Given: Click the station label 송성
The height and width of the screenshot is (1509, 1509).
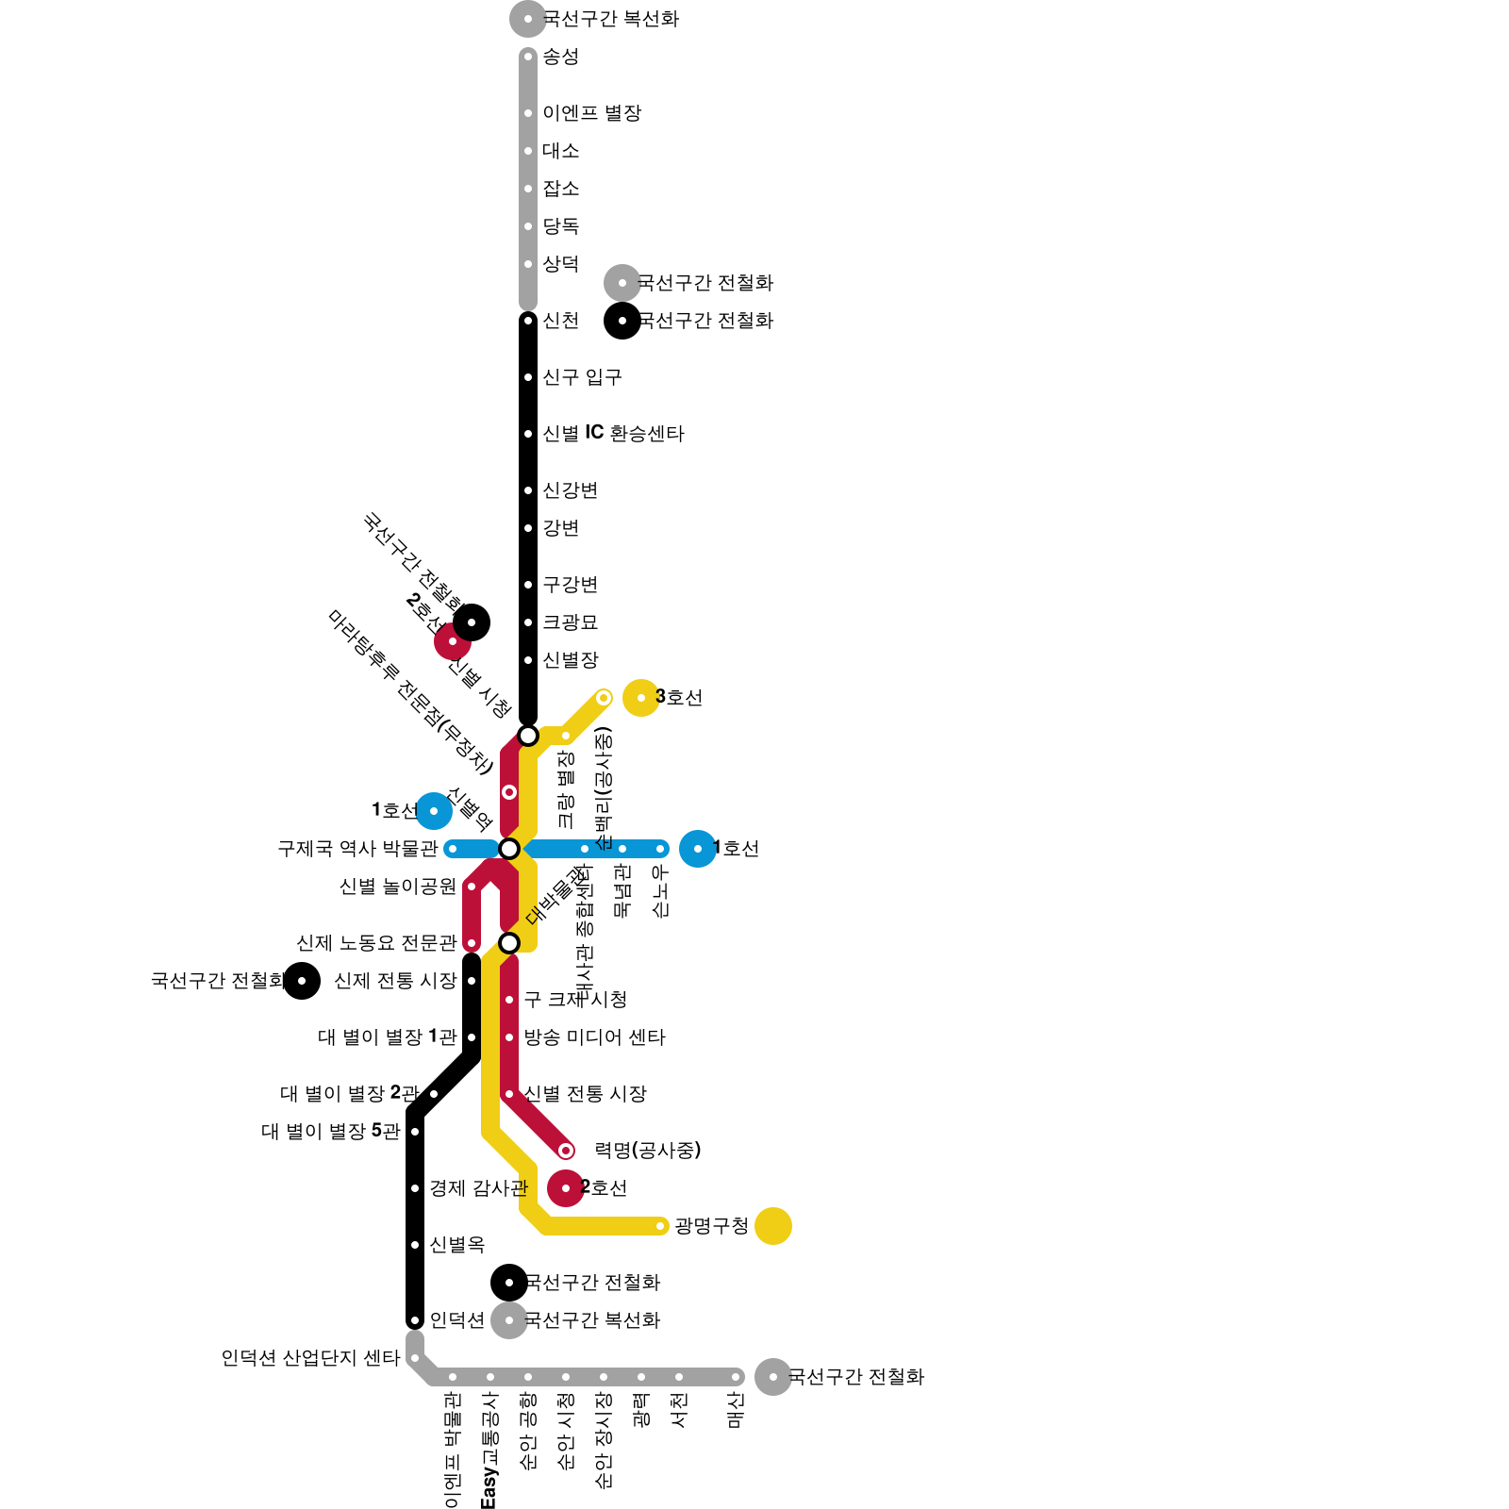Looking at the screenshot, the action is (560, 57).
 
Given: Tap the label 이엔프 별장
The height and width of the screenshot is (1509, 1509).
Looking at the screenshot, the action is (591, 113).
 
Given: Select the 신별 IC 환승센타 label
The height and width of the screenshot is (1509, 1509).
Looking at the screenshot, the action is (613, 434).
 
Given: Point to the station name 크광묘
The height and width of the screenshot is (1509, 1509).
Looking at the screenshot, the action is (570, 622).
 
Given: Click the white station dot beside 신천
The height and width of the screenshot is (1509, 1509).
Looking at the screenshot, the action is (528, 321).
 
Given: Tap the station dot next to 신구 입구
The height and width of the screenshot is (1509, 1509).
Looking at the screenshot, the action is (528, 377).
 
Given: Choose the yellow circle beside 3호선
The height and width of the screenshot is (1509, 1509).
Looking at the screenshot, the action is (641, 698).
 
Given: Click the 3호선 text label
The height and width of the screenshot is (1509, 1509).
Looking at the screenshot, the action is (679, 698).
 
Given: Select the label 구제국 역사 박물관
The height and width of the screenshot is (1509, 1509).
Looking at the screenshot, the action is (357, 849).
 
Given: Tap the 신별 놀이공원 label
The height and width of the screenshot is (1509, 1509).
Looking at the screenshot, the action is (397, 887).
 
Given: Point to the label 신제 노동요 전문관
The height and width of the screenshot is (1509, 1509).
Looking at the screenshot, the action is (376, 943).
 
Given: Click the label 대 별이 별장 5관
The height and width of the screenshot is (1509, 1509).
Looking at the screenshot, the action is (330, 1132).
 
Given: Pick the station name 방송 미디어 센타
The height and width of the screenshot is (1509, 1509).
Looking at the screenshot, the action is (594, 1037).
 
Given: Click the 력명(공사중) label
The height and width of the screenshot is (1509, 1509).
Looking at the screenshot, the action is (648, 1151).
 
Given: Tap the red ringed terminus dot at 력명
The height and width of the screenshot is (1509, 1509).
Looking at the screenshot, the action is (566, 1151).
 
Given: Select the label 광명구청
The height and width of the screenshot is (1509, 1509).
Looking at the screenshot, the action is (711, 1226).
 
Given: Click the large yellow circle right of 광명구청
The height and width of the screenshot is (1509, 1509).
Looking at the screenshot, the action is (773, 1226).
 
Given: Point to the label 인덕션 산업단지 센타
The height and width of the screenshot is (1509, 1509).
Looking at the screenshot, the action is (311, 1358).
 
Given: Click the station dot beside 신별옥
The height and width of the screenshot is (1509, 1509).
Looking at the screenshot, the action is (415, 1245).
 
